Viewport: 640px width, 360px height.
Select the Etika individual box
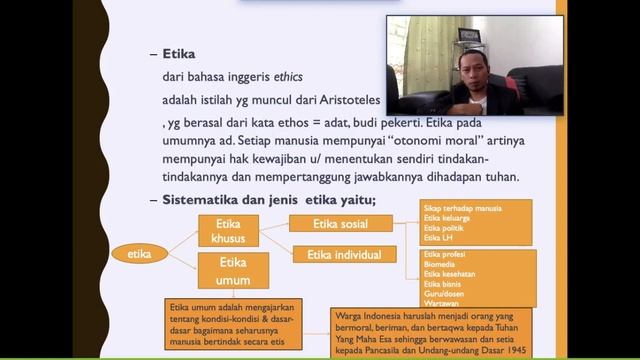click(340, 255)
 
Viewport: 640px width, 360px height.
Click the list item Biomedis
click(441, 265)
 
